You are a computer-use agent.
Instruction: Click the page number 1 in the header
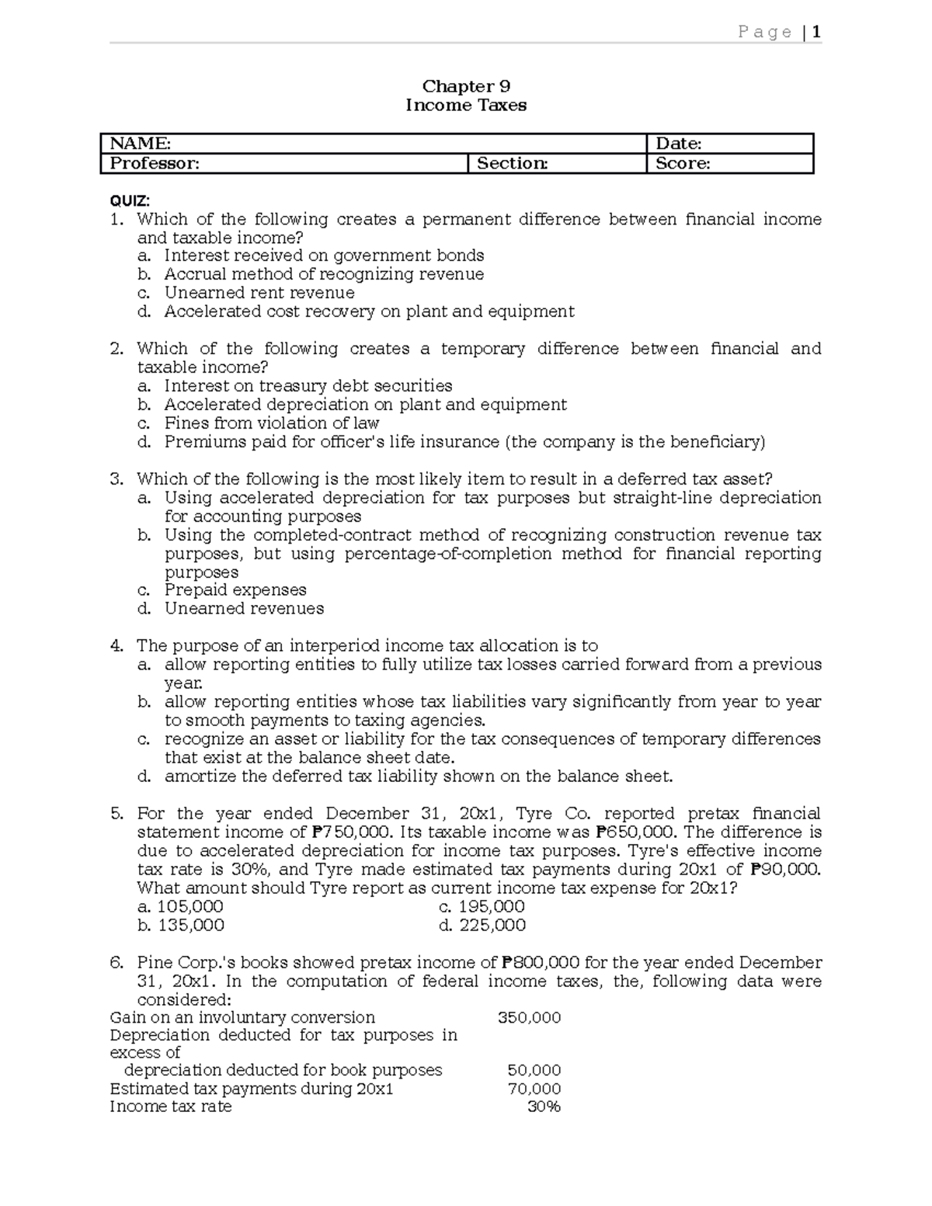[816, 32]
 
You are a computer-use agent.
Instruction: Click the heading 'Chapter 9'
[465, 86]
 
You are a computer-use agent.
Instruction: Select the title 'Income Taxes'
[465, 105]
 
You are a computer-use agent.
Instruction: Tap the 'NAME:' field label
[141, 143]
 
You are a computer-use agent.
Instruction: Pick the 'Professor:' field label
[155, 163]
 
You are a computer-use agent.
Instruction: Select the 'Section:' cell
[512, 163]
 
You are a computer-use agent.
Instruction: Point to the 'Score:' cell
[683, 163]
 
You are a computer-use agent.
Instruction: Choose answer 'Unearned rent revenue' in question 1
[259, 293]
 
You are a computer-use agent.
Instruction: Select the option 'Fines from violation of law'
[271, 423]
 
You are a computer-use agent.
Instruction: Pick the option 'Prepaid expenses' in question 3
[235, 590]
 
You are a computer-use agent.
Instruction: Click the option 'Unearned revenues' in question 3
[244, 609]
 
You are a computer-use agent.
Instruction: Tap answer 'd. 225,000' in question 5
[482, 926]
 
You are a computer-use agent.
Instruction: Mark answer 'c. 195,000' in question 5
[482, 907]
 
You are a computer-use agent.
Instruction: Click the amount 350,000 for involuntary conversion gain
[529, 1017]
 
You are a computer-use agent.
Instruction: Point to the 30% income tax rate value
[544, 1107]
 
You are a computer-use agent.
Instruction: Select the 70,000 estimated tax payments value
[534, 1089]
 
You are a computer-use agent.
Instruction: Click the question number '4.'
[117, 646]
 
